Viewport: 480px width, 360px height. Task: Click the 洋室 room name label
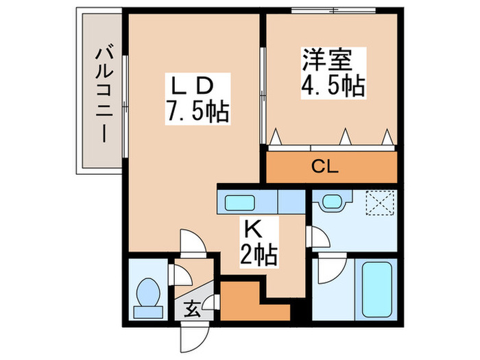pos(328,60)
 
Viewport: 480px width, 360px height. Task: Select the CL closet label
pos(325,167)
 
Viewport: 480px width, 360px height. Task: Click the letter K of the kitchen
pos(254,230)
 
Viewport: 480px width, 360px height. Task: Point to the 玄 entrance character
pos(193,309)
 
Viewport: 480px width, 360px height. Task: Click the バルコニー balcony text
pos(104,95)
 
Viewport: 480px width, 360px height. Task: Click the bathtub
pos(377,290)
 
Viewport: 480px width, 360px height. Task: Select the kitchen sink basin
pos(240,203)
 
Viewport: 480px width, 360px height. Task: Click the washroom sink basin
pos(332,201)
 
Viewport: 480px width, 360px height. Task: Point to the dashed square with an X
pos(380,203)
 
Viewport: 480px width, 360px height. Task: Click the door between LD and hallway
pos(193,243)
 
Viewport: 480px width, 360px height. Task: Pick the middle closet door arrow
pos(346,136)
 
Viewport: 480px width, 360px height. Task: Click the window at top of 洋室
pos(333,10)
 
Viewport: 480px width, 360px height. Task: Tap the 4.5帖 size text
pos(333,86)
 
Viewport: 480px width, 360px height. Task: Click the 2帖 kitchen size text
pos(259,254)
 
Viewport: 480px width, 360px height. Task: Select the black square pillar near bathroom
pos(298,309)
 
